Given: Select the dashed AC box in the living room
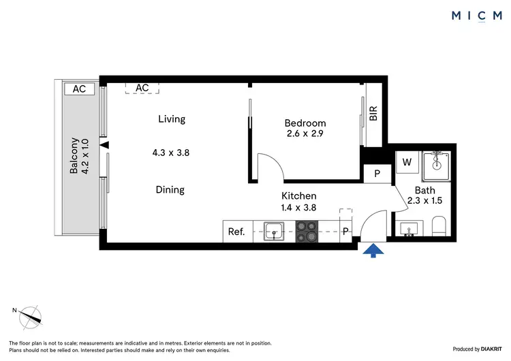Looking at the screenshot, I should point(142,88).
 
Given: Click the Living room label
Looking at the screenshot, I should point(172,119).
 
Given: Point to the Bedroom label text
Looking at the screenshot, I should point(305,123).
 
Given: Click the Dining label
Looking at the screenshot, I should point(170,190).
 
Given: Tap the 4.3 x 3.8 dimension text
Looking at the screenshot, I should point(170,153).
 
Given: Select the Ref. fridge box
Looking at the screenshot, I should point(236,232).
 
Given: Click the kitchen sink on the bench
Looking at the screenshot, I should point(274,231).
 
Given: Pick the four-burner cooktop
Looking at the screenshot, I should point(307,232).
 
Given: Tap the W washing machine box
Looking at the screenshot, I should point(407,163).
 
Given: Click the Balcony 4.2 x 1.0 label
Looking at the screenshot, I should point(80,157).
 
